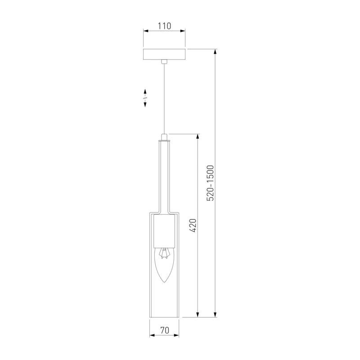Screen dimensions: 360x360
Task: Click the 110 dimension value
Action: (x=164, y=26)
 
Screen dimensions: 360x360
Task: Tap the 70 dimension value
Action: (x=165, y=330)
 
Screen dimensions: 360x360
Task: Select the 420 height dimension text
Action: (x=193, y=226)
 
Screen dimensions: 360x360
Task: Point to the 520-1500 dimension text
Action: (x=210, y=183)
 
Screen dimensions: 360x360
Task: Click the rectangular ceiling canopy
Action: (x=164, y=54)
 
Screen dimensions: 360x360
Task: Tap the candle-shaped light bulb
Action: (x=164, y=265)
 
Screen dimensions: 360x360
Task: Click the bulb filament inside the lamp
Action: (x=164, y=253)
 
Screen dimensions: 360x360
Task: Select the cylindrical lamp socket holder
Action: (x=164, y=231)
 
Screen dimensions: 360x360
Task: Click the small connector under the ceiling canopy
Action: (x=164, y=62)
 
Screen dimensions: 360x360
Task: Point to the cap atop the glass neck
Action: (x=164, y=137)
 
